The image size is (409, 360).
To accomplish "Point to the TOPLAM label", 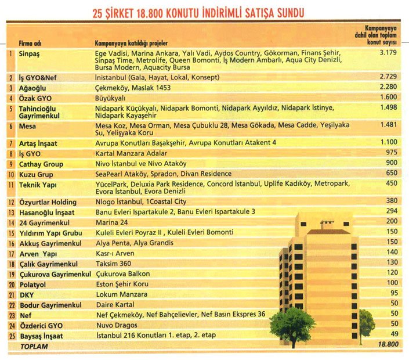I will [x=34, y=345].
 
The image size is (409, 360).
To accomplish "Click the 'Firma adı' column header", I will [x=31, y=43].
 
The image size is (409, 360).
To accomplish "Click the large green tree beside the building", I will [x=291, y=323].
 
